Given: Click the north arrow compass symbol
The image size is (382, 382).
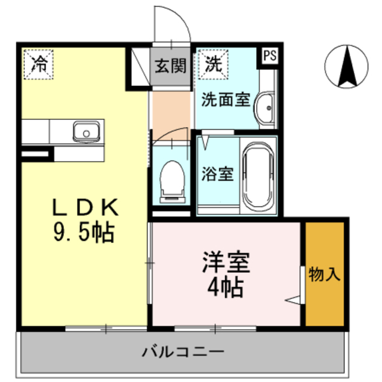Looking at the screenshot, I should click(x=346, y=66).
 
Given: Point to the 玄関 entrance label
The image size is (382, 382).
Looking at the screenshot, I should click(x=171, y=65).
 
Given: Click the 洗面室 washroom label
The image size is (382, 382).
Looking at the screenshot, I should click(x=225, y=100).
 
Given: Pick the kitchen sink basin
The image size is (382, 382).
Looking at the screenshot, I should click(x=86, y=130).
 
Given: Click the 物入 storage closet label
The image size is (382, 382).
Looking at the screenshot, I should click(x=324, y=275).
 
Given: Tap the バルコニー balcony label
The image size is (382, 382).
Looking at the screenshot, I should click(x=183, y=351).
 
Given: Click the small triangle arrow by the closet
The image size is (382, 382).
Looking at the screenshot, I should click(x=293, y=299).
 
